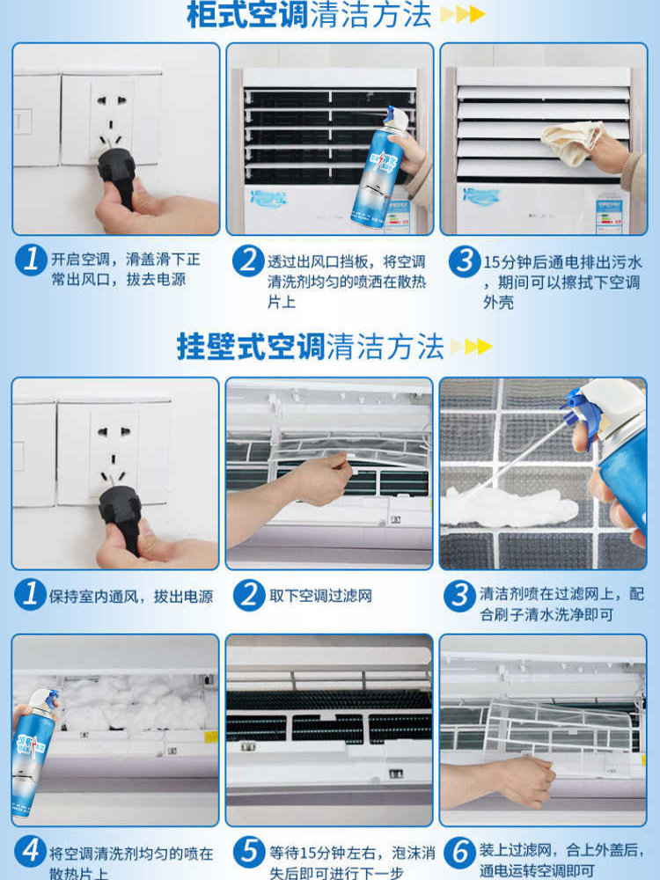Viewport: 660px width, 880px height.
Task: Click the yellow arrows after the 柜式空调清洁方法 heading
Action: [x=462, y=15]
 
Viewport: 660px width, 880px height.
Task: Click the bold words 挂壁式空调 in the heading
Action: [x=251, y=346]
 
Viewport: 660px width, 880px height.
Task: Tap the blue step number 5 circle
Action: [x=250, y=852]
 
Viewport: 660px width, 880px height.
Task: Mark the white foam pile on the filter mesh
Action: [x=510, y=506]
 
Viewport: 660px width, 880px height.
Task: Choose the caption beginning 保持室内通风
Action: [x=131, y=596]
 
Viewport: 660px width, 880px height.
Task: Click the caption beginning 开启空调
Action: [x=125, y=269]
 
